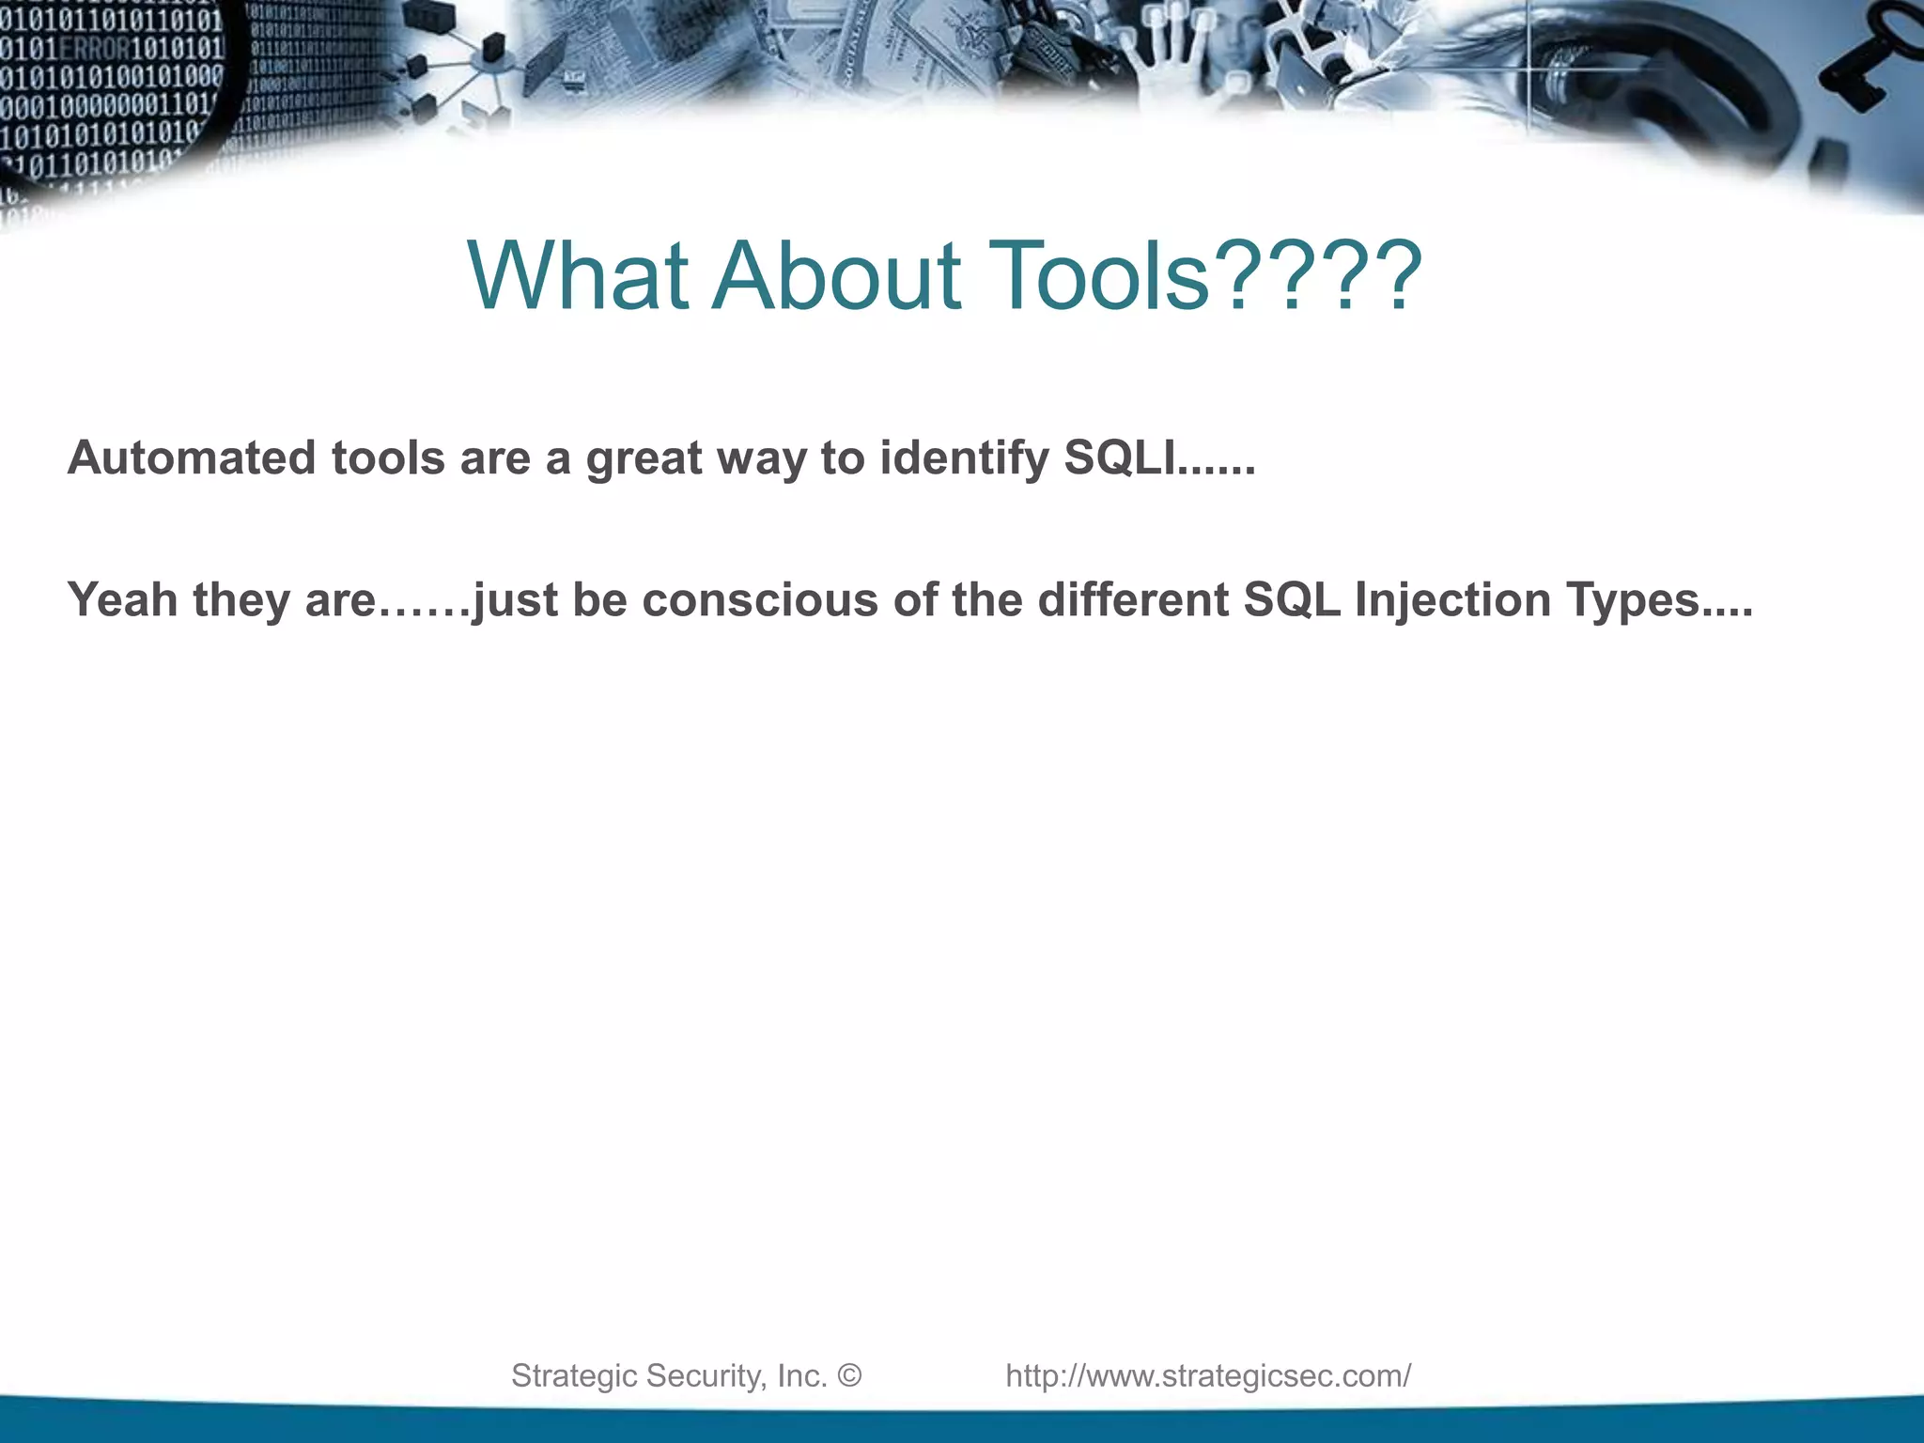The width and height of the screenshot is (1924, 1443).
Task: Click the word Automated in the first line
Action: point(192,458)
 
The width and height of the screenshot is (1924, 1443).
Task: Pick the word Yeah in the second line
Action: point(122,599)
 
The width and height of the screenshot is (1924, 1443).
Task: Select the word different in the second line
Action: point(1133,599)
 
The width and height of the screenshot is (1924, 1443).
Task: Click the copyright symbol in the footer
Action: point(848,1375)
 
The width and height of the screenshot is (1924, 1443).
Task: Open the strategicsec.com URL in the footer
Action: point(1208,1375)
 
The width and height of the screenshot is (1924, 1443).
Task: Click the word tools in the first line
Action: point(388,458)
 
